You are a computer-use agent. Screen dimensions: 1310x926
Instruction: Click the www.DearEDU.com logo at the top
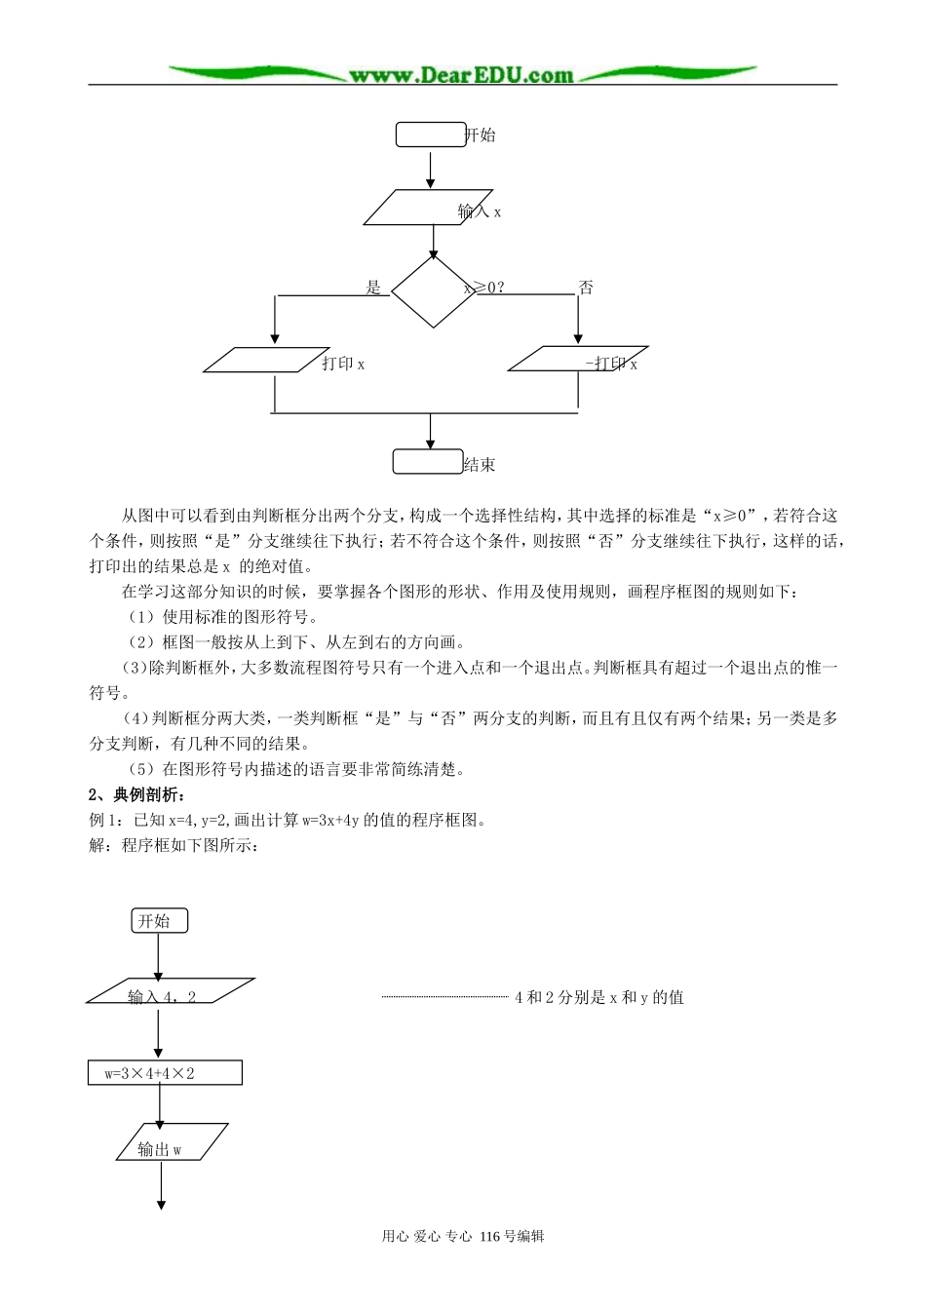[463, 74]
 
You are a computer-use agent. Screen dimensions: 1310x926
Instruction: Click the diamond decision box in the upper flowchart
[432, 291]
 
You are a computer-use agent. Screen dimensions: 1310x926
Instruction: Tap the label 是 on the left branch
[373, 288]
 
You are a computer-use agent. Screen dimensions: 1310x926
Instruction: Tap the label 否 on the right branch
[586, 288]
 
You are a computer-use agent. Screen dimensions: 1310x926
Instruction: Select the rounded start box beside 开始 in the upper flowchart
[430, 135]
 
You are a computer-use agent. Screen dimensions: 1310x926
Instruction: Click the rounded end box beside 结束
[427, 462]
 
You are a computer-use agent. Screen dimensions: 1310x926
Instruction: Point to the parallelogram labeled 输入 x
[432, 208]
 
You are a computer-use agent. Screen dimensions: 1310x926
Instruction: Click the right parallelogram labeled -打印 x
[578, 359]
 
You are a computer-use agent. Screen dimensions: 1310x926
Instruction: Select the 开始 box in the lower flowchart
[159, 921]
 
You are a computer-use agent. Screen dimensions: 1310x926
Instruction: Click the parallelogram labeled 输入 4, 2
[163, 991]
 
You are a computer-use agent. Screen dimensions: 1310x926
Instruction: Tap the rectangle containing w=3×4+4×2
[165, 1072]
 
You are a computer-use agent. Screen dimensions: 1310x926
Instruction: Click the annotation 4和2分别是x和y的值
[598, 997]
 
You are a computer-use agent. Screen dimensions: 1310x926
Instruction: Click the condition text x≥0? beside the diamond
[484, 288]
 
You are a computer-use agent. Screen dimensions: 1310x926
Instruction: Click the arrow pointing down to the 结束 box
[430, 431]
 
